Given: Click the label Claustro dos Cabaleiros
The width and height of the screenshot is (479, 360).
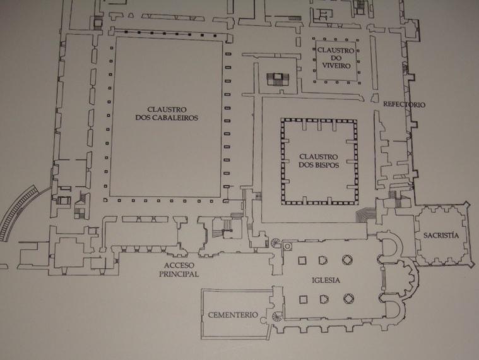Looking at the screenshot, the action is (x=167, y=114).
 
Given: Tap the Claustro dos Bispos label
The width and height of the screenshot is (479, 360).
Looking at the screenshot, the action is (x=319, y=161).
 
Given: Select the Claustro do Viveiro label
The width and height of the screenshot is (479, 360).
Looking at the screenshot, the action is (x=336, y=57).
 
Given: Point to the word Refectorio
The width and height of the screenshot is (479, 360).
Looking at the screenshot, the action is (x=404, y=104).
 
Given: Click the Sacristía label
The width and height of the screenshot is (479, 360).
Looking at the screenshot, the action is (x=441, y=236).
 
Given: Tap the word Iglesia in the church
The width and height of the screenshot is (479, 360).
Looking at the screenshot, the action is (x=326, y=280).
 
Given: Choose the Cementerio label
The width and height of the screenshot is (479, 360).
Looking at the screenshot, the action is (x=233, y=315).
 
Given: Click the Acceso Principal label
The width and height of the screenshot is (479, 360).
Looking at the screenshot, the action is (x=179, y=270).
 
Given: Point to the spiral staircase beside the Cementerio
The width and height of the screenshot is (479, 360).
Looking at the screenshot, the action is (x=278, y=316).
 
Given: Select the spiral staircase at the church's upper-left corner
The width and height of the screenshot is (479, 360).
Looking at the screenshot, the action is (x=276, y=243).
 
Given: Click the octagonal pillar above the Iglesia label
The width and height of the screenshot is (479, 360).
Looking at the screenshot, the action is (x=347, y=260).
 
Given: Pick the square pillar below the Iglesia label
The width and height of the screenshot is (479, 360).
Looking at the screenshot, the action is (x=303, y=299).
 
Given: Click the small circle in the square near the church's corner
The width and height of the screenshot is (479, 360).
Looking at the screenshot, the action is (x=287, y=246).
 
